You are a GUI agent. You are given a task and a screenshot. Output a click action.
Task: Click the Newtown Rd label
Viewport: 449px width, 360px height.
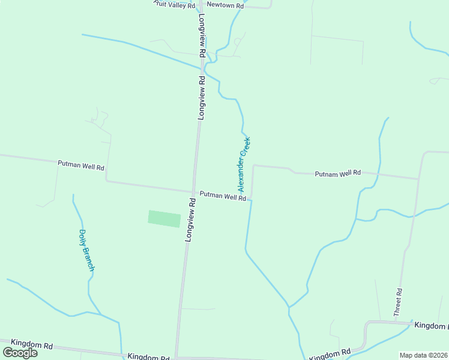coord(225,5)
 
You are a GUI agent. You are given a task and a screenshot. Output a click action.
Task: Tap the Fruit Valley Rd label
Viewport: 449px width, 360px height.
coord(175,4)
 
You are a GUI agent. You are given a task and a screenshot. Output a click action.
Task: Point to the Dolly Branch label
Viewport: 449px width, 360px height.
coord(86,250)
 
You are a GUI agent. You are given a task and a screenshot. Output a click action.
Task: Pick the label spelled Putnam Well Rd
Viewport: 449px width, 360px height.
coord(337,173)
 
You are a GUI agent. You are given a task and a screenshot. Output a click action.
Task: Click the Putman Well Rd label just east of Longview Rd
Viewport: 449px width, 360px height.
coord(223,196)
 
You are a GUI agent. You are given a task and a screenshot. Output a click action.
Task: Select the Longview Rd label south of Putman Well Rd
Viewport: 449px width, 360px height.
coord(190,221)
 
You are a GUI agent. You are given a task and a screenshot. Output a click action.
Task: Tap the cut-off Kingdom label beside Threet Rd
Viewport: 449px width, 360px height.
coord(431,325)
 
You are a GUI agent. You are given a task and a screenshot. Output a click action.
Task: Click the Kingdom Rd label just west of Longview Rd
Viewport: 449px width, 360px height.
coord(148,356)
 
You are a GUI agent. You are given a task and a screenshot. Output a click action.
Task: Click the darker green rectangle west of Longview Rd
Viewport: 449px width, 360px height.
coord(164,219)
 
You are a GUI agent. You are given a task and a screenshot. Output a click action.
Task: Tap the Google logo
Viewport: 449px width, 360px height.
coord(20,353)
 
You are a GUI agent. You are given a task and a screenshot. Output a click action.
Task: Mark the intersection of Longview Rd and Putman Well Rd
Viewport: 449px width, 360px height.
coord(193,192)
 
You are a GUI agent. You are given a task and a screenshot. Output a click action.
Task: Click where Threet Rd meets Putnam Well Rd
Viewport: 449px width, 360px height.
coord(418,179)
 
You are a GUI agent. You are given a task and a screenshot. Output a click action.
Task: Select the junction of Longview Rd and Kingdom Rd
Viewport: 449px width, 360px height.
coord(176,356)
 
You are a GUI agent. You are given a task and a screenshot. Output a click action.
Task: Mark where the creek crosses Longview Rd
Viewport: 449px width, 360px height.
coord(200,67)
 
